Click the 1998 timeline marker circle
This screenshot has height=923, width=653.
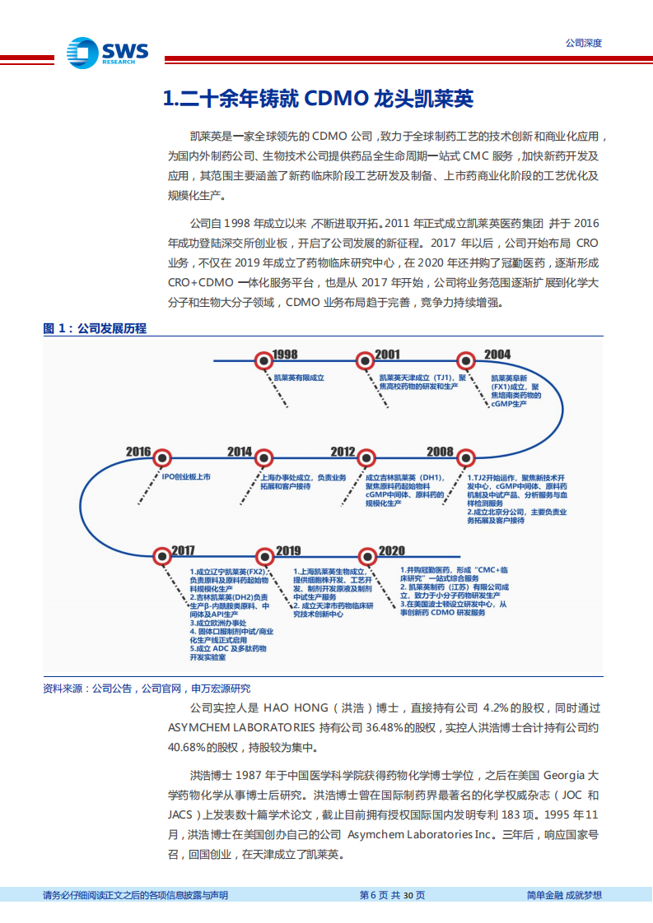263,359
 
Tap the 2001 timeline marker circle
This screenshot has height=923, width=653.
364,359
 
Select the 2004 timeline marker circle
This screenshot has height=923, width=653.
466,359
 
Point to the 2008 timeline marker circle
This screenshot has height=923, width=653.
466,457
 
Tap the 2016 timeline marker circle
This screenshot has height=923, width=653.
163,457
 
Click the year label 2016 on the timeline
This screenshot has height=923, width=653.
138,452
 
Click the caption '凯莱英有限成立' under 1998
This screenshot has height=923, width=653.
299,378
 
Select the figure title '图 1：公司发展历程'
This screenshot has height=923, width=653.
95,328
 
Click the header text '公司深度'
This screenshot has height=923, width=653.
583,43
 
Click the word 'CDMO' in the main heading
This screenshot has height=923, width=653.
335,100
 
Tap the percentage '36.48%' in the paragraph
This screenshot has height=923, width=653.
385,727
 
